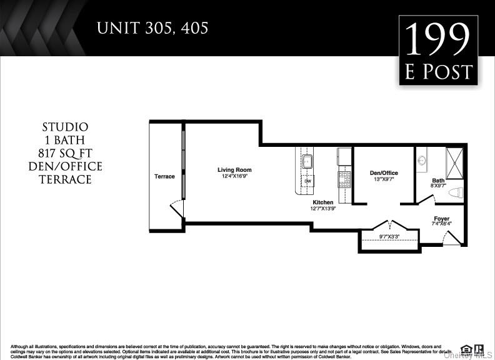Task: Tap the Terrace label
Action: (164, 176)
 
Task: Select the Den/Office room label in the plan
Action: (383, 173)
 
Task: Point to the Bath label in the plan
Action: (438, 181)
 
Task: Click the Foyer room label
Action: (441, 219)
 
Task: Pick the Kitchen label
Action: (323, 202)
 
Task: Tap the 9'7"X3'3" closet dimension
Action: (391, 236)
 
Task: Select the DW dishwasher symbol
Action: (307, 181)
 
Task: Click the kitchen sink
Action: (307, 162)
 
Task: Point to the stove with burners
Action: (345, 179)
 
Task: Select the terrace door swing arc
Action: (177, 207)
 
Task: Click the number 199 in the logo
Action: (438, 39)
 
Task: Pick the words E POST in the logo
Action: (438, 72)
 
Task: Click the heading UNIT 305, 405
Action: (152, 28)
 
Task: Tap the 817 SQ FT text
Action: (65, 153)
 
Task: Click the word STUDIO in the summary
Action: (65, 127)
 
